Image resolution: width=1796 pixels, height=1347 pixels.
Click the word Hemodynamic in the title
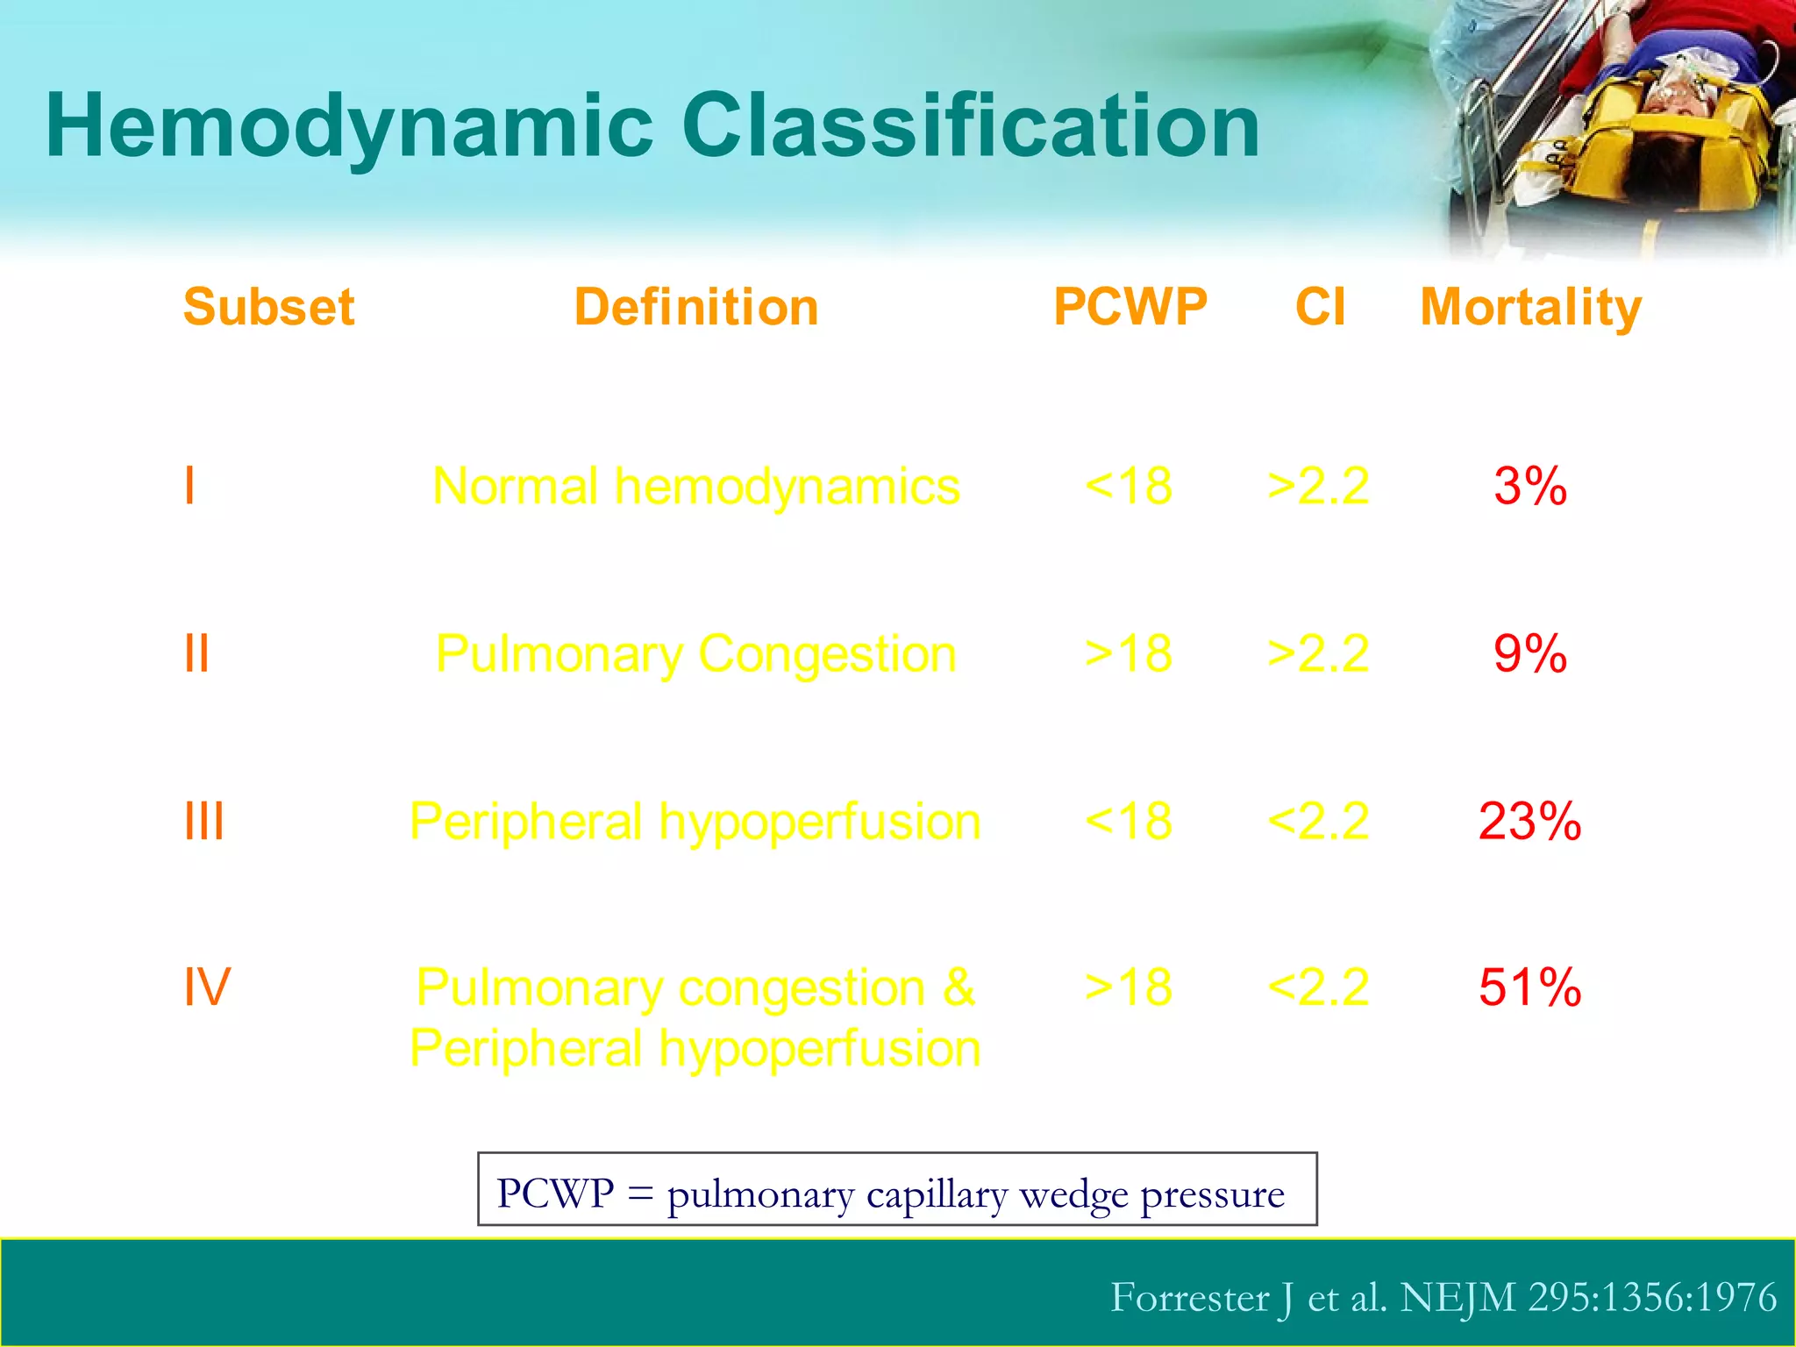349,127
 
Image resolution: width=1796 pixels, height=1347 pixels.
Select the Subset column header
268,307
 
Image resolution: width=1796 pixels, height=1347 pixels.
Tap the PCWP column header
1130,307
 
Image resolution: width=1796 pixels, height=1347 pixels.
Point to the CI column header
1320,307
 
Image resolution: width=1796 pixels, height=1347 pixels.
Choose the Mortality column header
1530,309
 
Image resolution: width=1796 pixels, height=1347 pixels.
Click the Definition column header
696,307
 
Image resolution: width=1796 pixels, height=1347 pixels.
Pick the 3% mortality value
1529,486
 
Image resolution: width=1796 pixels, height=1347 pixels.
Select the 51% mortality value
1529,987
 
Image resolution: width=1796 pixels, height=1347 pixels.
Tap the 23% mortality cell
1529,822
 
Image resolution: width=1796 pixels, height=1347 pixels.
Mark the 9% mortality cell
1529,654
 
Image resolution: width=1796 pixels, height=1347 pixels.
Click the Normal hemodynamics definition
696,487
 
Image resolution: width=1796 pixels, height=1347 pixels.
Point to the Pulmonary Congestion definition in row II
696,655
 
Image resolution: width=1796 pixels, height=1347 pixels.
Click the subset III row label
204,822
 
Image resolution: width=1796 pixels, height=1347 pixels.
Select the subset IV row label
207,987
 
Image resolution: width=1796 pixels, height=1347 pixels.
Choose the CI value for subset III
1318,822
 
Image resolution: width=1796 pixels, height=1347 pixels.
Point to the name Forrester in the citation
1189,1298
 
